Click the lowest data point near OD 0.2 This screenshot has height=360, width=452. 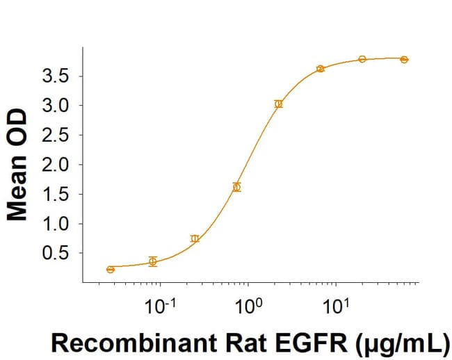pyautogui.click(x=111, y=270)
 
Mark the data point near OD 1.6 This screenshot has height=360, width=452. pyautogui.click(x=236, y=187)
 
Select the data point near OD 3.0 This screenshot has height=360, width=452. pyautogui.click(x=278, y=104)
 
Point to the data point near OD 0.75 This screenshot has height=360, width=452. pyautogui.click(x=195, y=238)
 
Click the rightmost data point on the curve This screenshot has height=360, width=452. pyautogui.click(x=404, y=60)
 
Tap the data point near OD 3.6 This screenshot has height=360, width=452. pyautogui.click(x=320, y=69)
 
